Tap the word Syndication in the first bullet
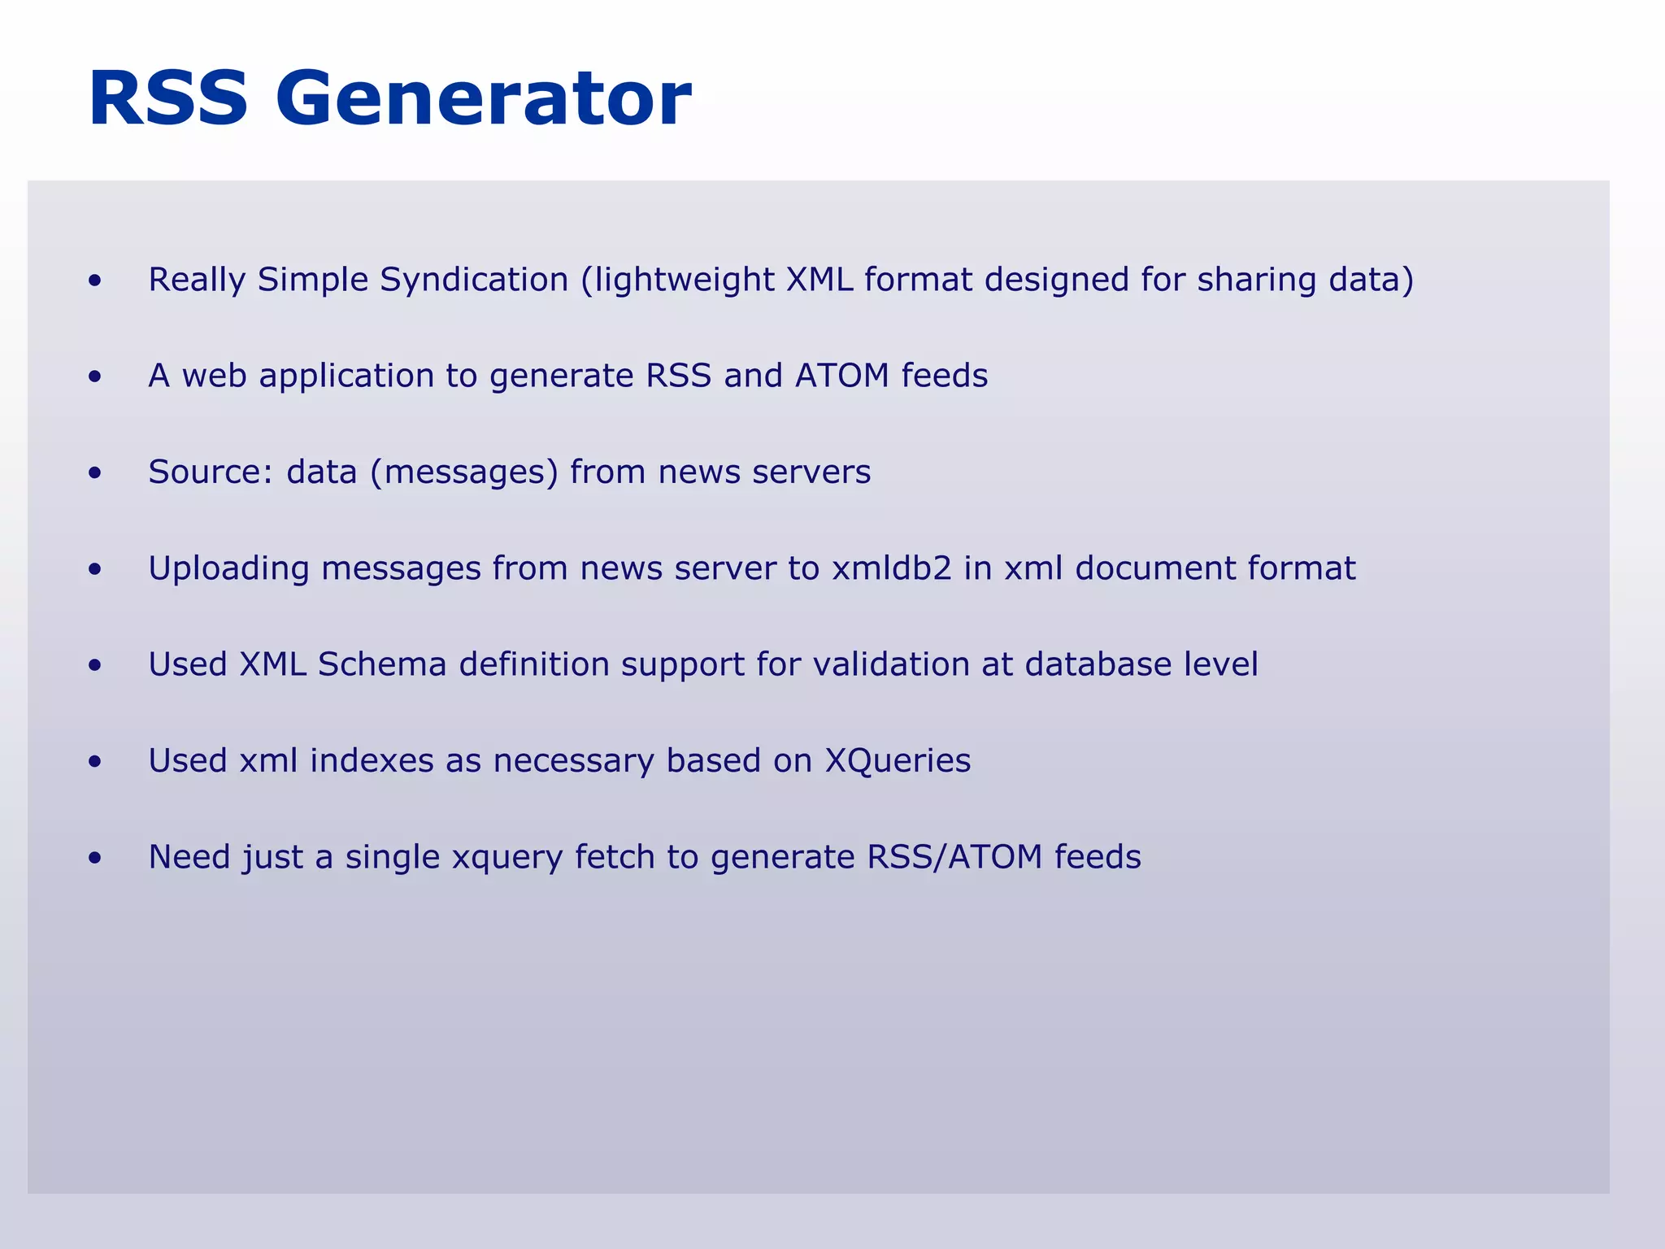[x=474, y=281]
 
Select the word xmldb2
[x=891, y=568]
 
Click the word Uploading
[x=228, y=568]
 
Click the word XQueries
[x=898, y=761]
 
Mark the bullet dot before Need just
[x=96, y=859]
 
